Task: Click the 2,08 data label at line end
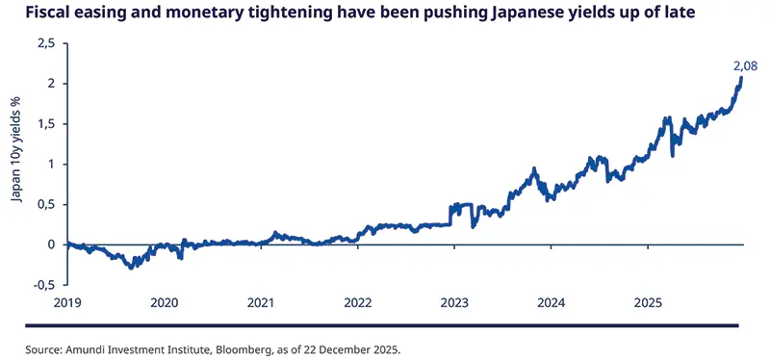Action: tap(744, 65)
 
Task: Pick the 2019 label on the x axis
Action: tap(66, 302)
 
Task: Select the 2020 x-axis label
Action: tap(164, 302)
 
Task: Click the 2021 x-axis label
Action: tap(261, 302)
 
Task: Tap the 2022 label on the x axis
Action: tap(358, 302)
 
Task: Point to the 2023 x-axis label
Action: tap(454, 302)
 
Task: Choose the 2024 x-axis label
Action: tap(552, 302)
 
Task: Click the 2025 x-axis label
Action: tap(648, 302)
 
